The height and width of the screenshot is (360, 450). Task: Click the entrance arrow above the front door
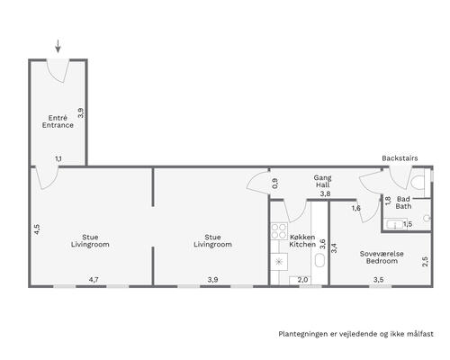pos(58,46)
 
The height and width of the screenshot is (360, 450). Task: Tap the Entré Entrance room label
pos(58,121)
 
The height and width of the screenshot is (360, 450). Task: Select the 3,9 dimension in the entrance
pos(81,112)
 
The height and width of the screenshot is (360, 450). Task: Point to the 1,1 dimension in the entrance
pos(58,158)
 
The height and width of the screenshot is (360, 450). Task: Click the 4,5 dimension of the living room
pos(37,229)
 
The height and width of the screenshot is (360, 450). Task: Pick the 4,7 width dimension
pos(94,280)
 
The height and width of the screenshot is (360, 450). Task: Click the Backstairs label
pos(400,158)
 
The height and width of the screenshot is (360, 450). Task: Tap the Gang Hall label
pos(323,181)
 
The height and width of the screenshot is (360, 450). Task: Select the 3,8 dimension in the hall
pos(325,193)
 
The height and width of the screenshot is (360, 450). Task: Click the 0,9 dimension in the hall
pos(274,184)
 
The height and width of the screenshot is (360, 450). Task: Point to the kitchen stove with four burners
pos(279,231)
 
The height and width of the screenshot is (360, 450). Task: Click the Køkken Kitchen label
pos(302,241)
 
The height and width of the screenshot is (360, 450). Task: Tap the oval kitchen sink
pos(319,260)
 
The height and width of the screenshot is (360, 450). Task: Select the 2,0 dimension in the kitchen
pos(303,280)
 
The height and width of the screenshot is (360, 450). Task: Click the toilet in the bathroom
pos(418,183)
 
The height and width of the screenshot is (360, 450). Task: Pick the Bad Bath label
pos(403,202)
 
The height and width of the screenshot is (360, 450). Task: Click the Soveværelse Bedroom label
pos(382,257)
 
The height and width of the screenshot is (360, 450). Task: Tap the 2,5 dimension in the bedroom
pos(425,261)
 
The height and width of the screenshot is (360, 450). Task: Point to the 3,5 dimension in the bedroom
pos(379,280)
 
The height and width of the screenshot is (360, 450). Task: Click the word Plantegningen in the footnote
pos(299,334)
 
